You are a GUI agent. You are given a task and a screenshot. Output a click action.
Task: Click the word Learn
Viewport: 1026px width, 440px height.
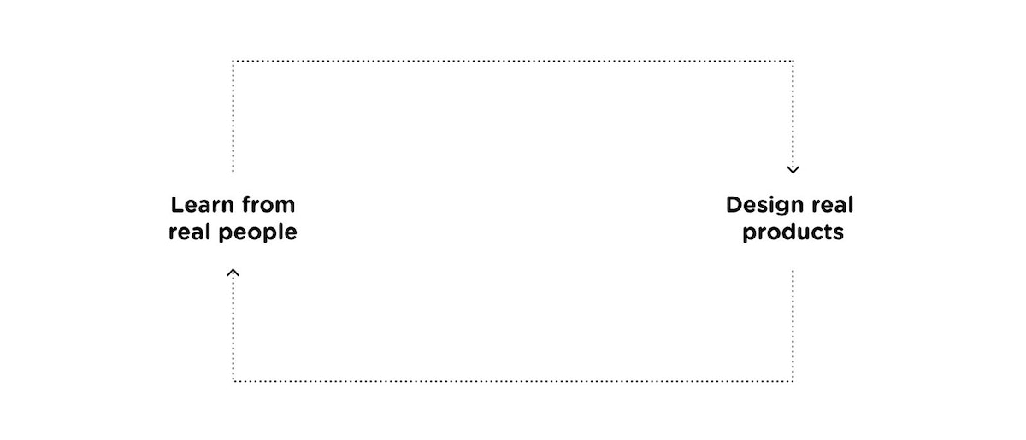click(x=202, y=205)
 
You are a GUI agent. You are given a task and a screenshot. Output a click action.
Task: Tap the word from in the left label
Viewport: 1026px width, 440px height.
click(x=268, y=205)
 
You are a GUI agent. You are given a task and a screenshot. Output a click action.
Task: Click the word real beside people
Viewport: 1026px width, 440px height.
click(x=189, y=232)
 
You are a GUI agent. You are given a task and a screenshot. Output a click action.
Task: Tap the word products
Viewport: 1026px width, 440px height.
click(x=793, y=232)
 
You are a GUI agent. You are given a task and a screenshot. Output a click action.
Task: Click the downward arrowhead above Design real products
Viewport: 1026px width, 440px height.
click(x=793, y=169)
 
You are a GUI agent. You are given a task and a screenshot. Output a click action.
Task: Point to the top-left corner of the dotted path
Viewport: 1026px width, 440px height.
click(x=233, y=61)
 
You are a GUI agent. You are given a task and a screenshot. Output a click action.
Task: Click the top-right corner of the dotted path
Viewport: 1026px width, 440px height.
click(x=793, y=61)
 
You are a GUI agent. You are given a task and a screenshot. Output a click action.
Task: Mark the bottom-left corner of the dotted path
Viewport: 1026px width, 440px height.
click(x=233, y=381)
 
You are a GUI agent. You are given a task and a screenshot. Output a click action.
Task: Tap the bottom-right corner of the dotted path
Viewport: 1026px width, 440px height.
click(x=793, y=381)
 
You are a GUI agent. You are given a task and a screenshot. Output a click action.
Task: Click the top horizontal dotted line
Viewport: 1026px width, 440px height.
click(x=513, y=61)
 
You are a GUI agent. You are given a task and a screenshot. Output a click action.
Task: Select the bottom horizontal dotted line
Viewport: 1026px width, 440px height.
click(x=513, y=381)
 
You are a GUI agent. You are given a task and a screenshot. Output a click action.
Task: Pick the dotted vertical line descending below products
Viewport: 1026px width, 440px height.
click(x=793, y=325)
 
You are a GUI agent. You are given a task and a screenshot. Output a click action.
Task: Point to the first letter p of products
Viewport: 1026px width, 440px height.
click(x=749, y=234)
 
